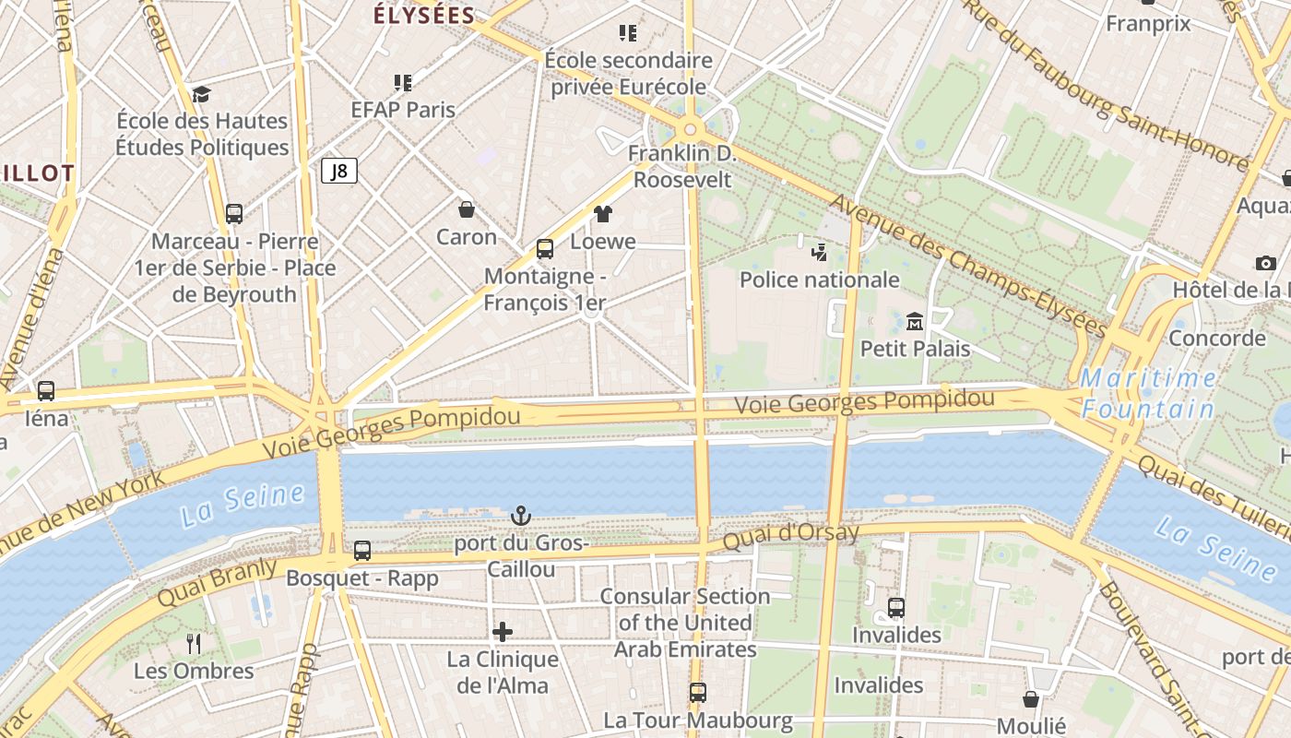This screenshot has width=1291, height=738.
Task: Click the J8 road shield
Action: click(339, 171)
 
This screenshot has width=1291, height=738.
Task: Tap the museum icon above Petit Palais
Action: click(915, 321)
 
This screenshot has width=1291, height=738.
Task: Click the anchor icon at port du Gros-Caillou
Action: click(521, 516)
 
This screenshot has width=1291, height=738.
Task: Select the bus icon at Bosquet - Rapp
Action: click(362, 551)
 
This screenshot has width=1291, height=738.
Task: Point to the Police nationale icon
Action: click(819, 252)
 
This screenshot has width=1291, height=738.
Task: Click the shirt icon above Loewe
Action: click(603, 214)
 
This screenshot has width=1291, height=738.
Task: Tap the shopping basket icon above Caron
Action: click(467, 209)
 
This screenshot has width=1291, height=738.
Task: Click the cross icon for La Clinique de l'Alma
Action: click(503, 632)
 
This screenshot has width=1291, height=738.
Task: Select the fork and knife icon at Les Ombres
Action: click(194, 643)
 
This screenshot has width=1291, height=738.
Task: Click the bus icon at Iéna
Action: click(46, 391)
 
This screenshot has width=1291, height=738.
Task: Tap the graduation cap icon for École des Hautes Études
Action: click(201, 94)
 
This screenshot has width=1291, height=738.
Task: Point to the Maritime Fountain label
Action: click(1148, 393)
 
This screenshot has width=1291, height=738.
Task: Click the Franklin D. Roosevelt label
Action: click(681, 166)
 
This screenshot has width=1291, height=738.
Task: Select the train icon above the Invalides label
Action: click(896, 608)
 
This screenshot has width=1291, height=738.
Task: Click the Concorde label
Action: click(1216, 338)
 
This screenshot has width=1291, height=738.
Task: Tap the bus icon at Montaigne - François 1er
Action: click(545, 249)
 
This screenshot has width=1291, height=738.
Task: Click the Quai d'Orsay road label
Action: click(791, 535)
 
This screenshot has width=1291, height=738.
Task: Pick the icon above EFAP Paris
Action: click(403, 83)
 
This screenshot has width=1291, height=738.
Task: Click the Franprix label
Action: click(1148, 24)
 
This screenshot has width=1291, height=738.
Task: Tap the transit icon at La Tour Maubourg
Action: click(698, 692)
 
